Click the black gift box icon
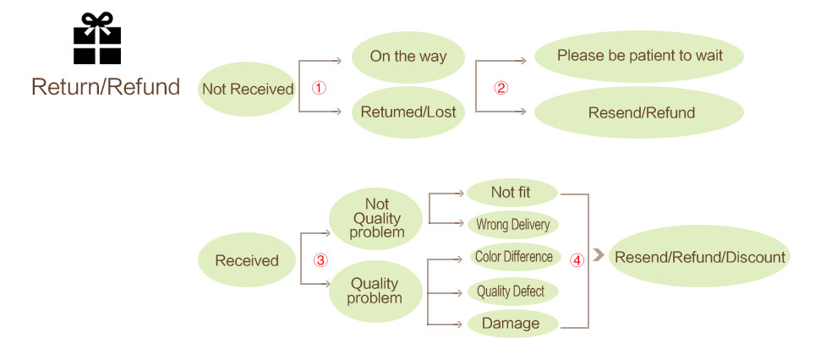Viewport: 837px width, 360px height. pyautogui.click(x=97, y=38)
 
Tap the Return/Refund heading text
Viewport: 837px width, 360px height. pyautogui.click(x=106, y=87)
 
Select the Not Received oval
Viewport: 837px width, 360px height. pyautogui.click(x=247, y=89)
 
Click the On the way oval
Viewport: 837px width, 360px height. pyautogui.click(x=408, y=57)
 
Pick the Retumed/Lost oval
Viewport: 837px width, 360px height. pyautogui.click(x=408, y=112)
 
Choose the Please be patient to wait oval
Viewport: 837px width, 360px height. pyautogui.click(x=639, y=56)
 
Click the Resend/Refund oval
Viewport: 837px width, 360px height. pyautogui.click(x=639, y=112)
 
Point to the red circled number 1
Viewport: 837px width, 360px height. pyautogui.click(x=319, y=88)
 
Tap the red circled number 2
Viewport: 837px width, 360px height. pyautogui.click(x=501, y=88)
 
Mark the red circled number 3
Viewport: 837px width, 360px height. pyautogui.click(x=320, y=260)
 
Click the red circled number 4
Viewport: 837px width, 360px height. pyautogui.click(x=577, y=260)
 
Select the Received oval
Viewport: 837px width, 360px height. pyautogui.click(x=247, y=260)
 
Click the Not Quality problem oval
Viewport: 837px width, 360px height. pyautogui.click(x=375, y=219)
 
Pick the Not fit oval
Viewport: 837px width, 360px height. pyautogui.click(x=511, y=193)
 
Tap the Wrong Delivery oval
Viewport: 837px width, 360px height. pyautogui.click(x=512, y=225)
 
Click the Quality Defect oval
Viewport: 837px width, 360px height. pyautogui.click(x=513, y=292)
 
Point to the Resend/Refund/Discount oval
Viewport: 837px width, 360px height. pyautogui.click(x=699, y=257)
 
